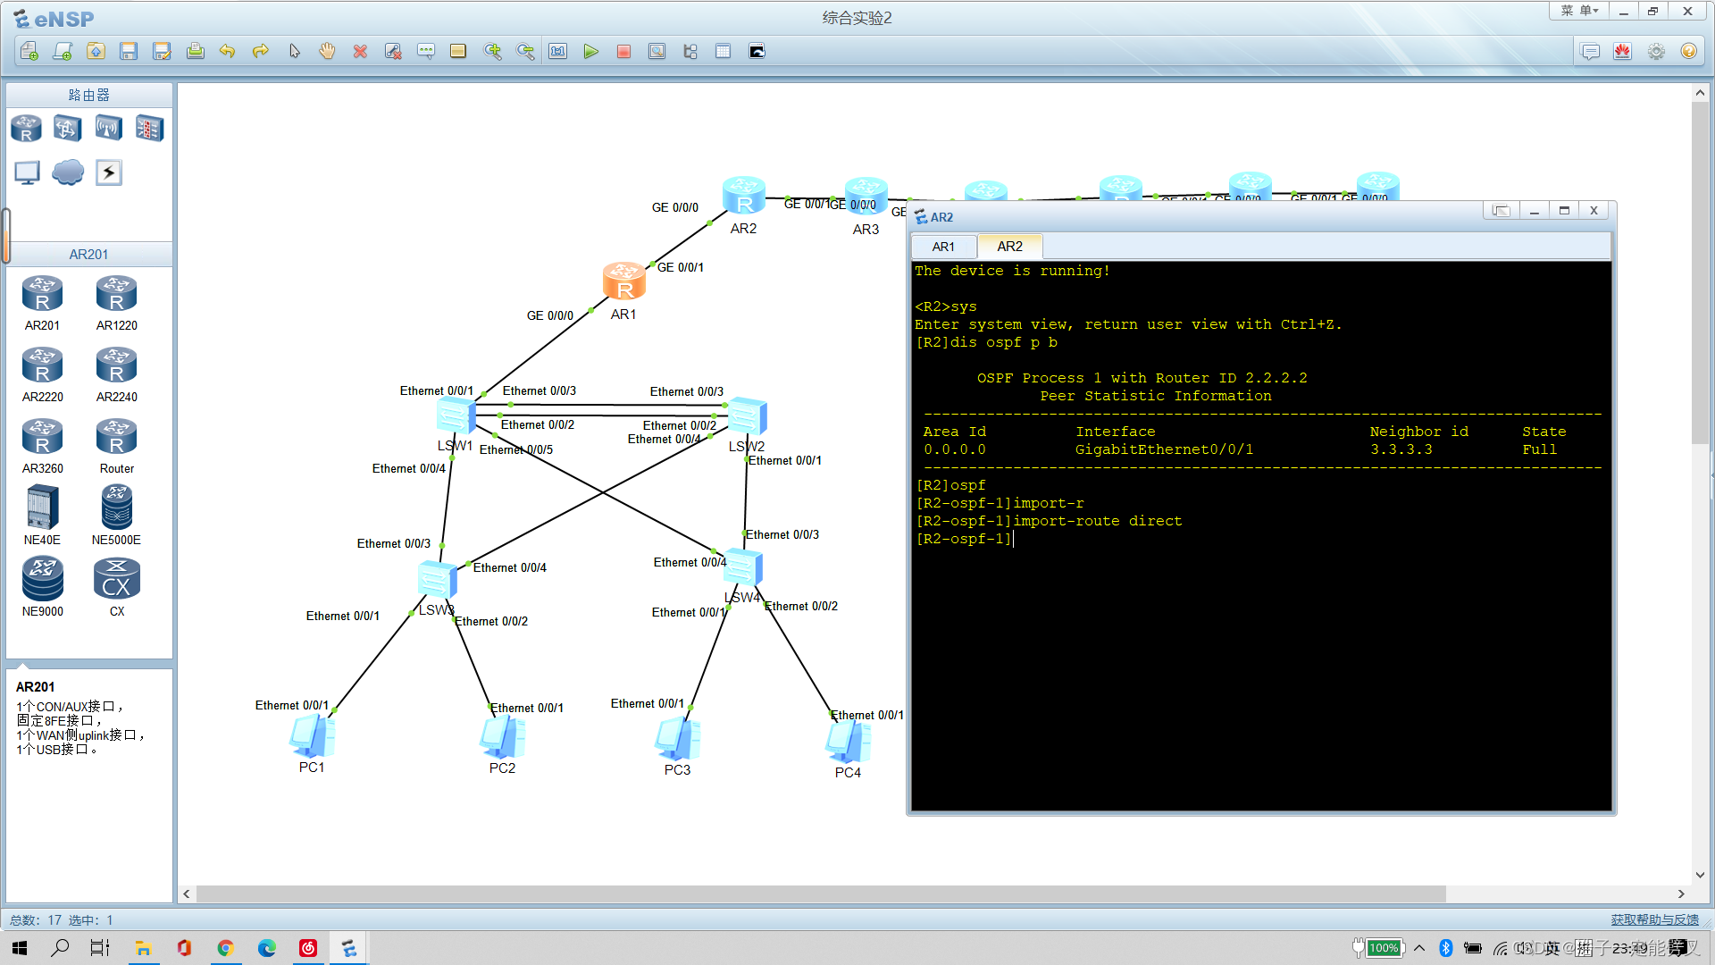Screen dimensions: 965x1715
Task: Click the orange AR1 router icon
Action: [623, 281]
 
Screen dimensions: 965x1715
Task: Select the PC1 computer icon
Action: [312, 737]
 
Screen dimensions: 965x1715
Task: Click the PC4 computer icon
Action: [848, 742]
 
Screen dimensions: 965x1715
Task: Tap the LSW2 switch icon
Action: [747, 416]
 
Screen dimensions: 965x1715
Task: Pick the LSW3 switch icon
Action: [437, 580]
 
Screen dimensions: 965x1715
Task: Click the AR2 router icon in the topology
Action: [743, 196]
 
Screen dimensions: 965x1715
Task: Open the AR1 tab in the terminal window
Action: [943, 247]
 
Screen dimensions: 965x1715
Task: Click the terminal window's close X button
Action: [1594, 211]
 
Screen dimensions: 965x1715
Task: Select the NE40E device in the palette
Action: [42, 508]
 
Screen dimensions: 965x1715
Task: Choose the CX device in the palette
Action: [116, 579]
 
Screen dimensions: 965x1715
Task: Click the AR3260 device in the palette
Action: [42, 437]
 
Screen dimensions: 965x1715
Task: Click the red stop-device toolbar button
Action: [623, 52]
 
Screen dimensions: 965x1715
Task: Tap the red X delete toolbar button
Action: [360, 52]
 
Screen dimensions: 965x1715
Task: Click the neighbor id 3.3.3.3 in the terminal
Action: [1401, 449]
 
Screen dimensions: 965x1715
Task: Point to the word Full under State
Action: [1539, 449]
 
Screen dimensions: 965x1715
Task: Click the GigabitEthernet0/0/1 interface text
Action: [1164, 449]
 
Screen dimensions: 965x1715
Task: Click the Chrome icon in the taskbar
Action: [225, 948]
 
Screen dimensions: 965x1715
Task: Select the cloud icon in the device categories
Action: [68, 172]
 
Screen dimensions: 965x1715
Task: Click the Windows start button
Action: [20, 948]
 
